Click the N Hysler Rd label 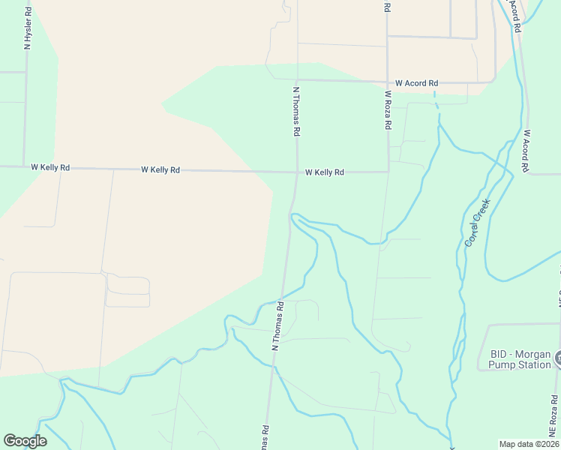click(x=28, y=28)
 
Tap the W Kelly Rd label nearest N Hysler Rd click(x=50, y=168)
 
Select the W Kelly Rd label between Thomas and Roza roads click(x=324, y=172)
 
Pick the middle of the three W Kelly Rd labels click(x=160, y=170)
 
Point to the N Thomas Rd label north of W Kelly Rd click(x=297, y=109)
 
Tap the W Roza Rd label click(x=388, y=111)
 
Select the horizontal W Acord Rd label click(x=416, y=83)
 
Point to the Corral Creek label click(x=477, y=223)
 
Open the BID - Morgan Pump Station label click(x=520, y=359)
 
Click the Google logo click(x=25, y=441)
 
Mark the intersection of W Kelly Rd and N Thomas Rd click(x=297, y=171)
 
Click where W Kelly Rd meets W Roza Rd click(x=388, y=172)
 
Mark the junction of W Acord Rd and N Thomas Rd click(x=297, y=80)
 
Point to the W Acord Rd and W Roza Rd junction click(x=388, y=82)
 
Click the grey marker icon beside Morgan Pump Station click(x=558, y=359)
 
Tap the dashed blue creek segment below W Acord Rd click(x=436, y=105)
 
